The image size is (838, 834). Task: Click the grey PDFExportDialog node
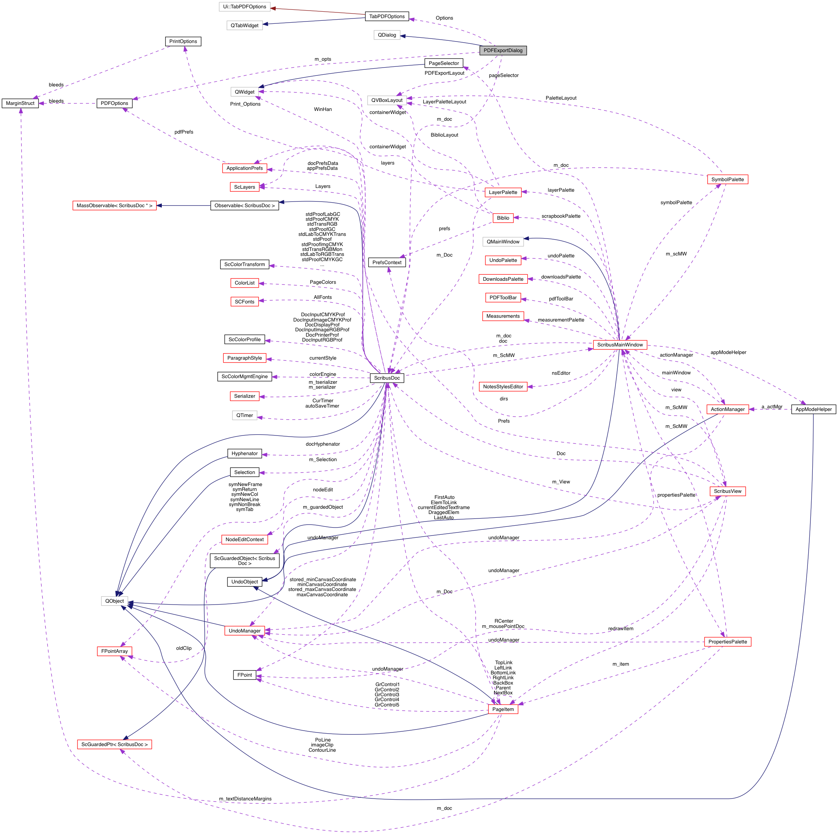(503, 50)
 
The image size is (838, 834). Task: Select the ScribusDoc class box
(387, 378)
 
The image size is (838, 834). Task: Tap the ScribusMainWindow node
(620, 345)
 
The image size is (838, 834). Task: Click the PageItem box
(503, 709)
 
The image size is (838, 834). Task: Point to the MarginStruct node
(20, 103)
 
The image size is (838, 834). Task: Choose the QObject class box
(115, 601)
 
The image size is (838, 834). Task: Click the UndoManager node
(245, 631)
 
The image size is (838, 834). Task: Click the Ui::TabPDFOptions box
(245, 7)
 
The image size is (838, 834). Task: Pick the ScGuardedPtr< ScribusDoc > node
(115, 744)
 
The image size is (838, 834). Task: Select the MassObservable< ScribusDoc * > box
(115, 206)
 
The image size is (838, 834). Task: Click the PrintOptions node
(183, 42)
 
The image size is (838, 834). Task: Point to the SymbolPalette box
(727, 180)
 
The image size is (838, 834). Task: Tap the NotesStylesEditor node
(503, 387)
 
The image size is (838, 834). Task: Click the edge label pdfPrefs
(184, 132)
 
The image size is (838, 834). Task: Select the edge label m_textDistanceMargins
(245, 799)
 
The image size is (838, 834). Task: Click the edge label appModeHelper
(728, 352)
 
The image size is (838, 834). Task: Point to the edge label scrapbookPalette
(561, 216)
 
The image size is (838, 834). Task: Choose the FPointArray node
(115, 651)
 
